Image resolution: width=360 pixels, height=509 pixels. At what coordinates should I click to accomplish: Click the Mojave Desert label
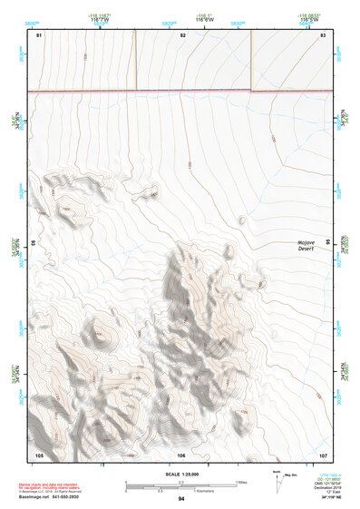(x=307, y=246)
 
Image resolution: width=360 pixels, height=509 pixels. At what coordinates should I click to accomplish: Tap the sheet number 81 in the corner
(x=39, y=34)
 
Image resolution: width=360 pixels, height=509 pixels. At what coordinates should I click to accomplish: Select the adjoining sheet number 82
(x=182, y=34)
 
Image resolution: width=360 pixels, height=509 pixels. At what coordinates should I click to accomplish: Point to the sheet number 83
(x=323, y=34)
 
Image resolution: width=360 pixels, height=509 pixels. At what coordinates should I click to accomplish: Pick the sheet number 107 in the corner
(x=324, y=455)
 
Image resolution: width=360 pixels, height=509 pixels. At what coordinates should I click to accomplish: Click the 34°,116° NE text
(x=324, y=498)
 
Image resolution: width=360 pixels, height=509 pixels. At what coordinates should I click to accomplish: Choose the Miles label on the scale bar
(x=240, y=480)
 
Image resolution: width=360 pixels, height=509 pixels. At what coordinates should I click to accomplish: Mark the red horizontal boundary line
(x=181, y=91)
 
